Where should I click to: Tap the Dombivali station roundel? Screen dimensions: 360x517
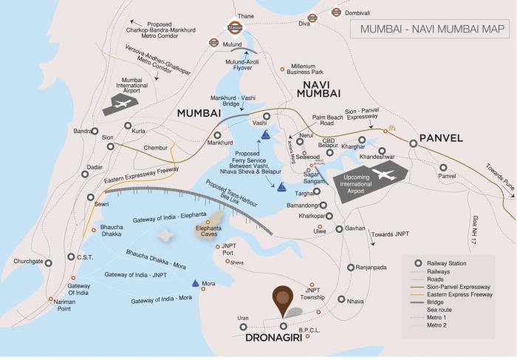(x=337, y=12)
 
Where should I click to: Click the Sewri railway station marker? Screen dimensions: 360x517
(x=90, y=198)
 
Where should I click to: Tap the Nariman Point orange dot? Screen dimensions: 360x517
(x=51, y=299)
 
